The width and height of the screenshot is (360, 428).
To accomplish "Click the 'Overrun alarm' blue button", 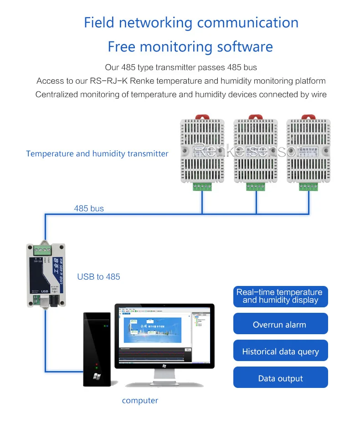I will [x=280, y=325].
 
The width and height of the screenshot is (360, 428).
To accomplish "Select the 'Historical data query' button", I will [x=280, y=352].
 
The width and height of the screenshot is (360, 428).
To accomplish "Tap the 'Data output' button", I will [x=280, y=378].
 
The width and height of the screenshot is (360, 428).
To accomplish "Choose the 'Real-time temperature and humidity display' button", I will [x=280, y=296].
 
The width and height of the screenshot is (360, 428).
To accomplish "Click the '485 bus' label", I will [x=89, y=209].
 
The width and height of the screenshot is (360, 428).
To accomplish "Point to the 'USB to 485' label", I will [x=98, y=276].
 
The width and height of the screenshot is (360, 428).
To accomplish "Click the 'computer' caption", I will [x=140, y=401].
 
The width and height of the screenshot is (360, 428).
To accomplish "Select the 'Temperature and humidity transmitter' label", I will [x=97, y=153].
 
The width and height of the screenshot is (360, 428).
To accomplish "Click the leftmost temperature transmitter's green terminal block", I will [x=202, y=186].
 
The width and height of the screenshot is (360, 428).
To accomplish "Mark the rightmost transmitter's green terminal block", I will [x=309, y=186].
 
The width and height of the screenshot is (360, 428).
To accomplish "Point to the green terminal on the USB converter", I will [x=41, y=250].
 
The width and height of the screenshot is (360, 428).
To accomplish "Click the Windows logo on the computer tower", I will [x=96, y=377].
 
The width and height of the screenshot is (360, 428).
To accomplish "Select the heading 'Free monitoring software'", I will [x=190, y=46].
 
